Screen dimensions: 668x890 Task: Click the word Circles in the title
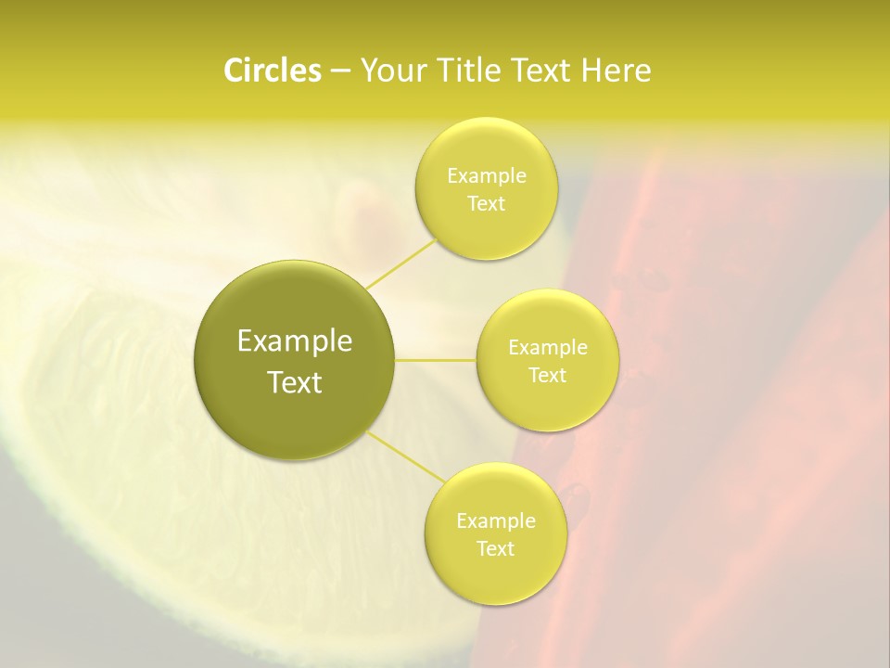click(272, 71)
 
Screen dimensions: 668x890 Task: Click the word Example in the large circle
click(295, 341)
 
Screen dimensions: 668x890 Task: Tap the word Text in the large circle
click(295, 382)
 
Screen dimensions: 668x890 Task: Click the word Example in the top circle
click(487, 176)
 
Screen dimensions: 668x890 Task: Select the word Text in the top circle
click(486, 204)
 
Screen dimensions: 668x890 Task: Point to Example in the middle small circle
click(548, 348)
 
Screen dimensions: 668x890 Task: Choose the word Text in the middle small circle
click(547, 376)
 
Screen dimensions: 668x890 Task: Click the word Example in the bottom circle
click(496, 521)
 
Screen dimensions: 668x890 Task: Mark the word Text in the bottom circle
click(495, 549)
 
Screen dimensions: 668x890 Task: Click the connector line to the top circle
click(401, 263)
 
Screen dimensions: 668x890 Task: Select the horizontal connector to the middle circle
click(436, 360)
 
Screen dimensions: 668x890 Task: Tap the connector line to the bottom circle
click(406, 456)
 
